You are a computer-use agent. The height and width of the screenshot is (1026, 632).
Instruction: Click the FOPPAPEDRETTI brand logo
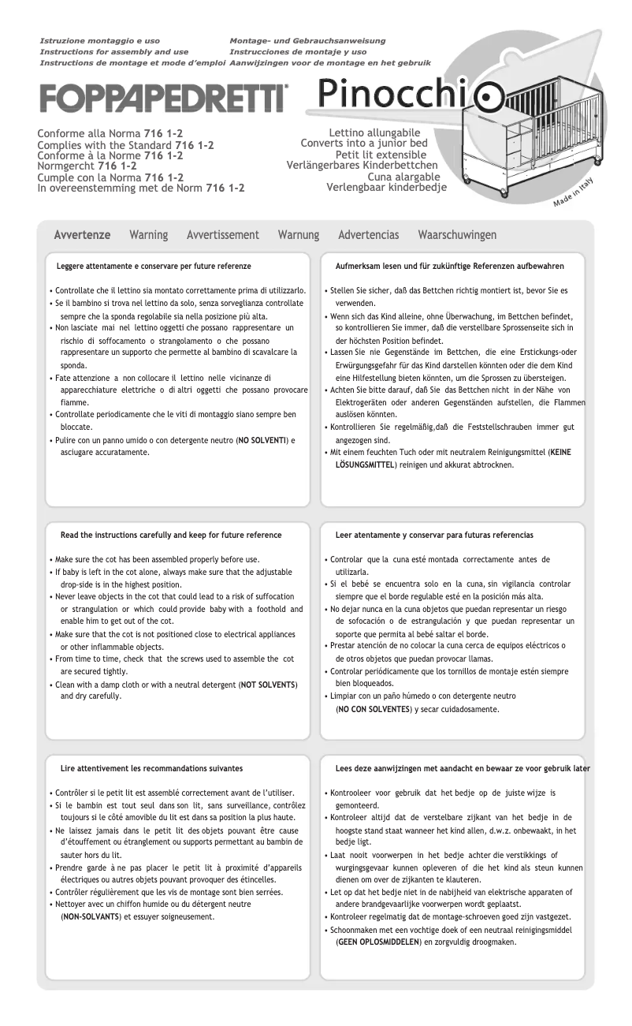[163, 99]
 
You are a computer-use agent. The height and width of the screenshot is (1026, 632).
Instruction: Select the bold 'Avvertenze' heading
[82, 235]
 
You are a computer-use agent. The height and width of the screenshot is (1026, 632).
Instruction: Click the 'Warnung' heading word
[299, 235]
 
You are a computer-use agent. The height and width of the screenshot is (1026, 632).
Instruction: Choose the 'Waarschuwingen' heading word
[457, 235]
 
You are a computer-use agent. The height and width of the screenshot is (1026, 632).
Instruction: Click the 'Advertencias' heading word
[368, 235]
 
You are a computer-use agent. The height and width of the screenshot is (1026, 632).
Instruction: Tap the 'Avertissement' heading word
[223, 235]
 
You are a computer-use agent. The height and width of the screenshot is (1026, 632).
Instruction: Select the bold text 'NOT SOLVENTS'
[268, 684]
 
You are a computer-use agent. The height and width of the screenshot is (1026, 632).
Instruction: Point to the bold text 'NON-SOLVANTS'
[90, 916]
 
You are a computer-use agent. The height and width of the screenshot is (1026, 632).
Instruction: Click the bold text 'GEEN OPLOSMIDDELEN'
[378, 942]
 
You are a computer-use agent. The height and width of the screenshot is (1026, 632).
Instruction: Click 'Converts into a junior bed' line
[364, 144]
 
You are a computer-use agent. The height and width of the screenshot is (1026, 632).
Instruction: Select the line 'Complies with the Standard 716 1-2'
[125, 146]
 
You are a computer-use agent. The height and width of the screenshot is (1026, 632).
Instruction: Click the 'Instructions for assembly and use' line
[114, 51]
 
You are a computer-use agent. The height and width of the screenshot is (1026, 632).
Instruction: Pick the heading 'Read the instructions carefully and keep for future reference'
[171, 535]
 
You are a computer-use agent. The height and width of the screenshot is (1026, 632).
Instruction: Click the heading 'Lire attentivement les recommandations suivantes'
[151, 768]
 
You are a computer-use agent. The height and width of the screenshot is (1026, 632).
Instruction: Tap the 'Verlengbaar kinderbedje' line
[386, 188]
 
